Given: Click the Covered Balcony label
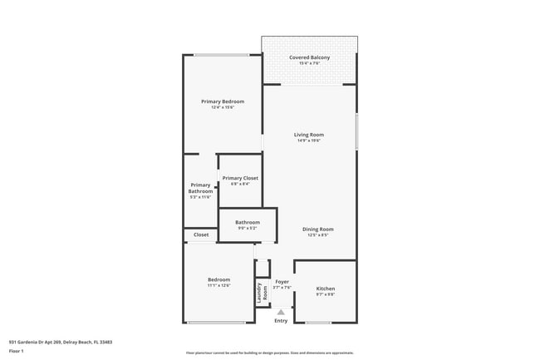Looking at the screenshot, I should coord(309,57).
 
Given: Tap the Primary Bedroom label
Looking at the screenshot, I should coord(223,101).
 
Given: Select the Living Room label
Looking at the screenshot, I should coord(309,135).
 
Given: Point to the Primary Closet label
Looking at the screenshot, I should coord(240,178).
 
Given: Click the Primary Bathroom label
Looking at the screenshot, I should coord(200,188).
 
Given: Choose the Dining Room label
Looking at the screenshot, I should coord(317,229).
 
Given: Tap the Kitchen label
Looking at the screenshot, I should coord(326,288).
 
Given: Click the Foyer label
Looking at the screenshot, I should coord(282,282).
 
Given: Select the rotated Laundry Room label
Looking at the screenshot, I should coord(263,292).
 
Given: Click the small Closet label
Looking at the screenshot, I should coord(201,235).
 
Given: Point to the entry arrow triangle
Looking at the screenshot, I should coord(281,312).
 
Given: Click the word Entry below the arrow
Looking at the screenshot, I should coord(281,321).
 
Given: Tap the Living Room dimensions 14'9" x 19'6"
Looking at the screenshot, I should coord(309,141).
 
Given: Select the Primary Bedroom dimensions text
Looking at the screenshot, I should coord(223,107).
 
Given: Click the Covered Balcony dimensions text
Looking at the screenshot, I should coord(309,63).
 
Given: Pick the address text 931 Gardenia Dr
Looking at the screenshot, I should coord(61,341).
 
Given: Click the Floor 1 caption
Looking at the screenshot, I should coord(17,351).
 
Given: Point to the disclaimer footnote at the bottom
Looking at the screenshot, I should coord(269,353).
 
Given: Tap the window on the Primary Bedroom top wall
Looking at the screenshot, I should coord(222,55).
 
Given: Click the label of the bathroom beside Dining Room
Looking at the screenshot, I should coord(248,222).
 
